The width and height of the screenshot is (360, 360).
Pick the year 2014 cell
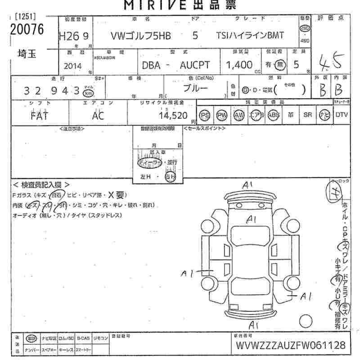(73, 66)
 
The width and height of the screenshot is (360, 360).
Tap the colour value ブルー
(195, 88)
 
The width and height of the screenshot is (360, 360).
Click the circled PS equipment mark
(205, 115)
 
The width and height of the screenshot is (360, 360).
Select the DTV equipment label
(342, 115)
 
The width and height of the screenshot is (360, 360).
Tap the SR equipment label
(308, 115)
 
